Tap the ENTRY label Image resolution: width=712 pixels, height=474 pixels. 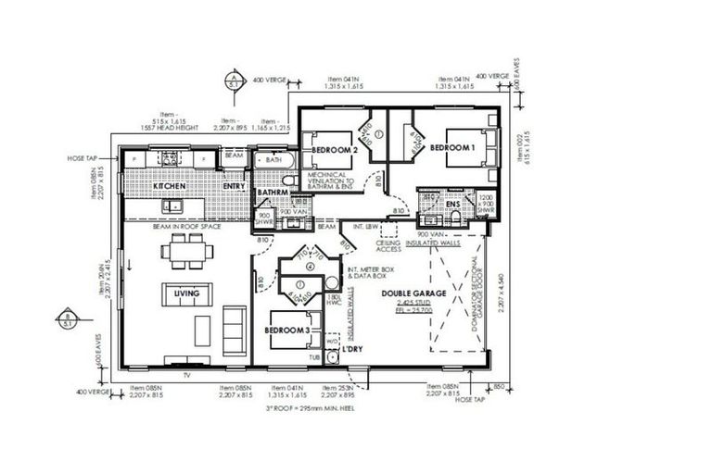click(234, 187)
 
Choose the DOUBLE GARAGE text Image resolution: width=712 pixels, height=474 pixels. click(414, 293)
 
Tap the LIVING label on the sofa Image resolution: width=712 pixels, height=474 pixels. click(187, 293)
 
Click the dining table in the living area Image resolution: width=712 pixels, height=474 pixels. click(186, 250)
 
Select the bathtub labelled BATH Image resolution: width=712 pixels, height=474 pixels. click(273, 160)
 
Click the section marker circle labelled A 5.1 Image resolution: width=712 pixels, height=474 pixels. click(236, 80)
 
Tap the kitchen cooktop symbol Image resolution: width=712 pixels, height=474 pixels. click(170, 159)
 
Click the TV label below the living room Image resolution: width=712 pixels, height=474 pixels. click(186, 375)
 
